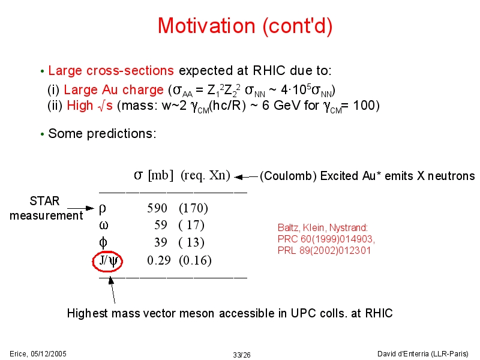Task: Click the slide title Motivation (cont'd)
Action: [245, 26]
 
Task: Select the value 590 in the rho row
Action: [157, 208]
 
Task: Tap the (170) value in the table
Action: [193, 208]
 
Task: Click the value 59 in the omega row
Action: [161, 225]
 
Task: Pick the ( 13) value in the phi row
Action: [191, 242]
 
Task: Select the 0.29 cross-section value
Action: [158, 260]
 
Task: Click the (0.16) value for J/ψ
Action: [196, 260]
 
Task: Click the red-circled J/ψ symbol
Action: [107, 261]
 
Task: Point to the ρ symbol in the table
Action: [103, 209]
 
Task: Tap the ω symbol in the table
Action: [103, 226]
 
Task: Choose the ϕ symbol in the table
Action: [103, 243]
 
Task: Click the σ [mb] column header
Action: [154, 175]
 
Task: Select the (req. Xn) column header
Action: [205, 175]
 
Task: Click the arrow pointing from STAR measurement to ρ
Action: [81, 208]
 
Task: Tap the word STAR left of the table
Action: [44, 201]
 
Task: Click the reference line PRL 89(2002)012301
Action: [324, 250]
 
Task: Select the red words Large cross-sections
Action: [111, 71]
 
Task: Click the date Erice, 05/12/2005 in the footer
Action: [38, 354]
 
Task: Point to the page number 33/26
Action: [242, 355]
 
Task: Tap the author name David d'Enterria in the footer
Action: [403, 354]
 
